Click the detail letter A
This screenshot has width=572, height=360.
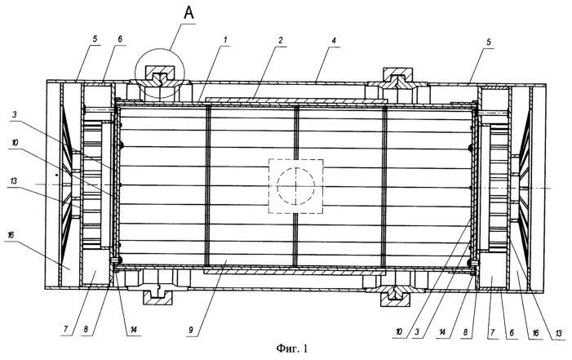click(x=189, y=13)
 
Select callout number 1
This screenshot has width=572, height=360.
click(x=225, y=39)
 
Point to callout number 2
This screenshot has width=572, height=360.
click(x=280, y=40)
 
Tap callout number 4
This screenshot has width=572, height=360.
click(x=334, y=40)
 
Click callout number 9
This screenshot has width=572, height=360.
click(x=192, y=331)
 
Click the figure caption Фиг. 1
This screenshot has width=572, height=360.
click(x=292, y=349)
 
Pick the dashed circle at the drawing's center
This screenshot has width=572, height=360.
click(x=295, y=186)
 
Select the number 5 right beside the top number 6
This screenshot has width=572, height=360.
click(x=95, y=39)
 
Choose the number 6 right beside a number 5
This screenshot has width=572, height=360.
click(x=120, y=39)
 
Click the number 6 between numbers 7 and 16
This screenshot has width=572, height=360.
click(x=512, y=332)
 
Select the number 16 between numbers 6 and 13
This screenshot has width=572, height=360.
click(x=534, y=332)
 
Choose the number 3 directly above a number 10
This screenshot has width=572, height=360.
click(x=14, y=114)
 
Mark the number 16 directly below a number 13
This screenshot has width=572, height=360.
click(x=11, y=235)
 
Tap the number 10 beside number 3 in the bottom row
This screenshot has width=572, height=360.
click(x=399, y=331)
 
